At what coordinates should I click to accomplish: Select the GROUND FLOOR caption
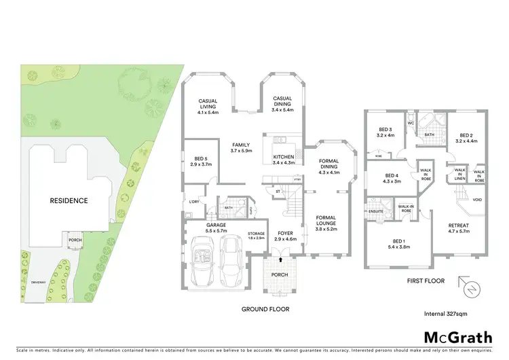coord(265,309)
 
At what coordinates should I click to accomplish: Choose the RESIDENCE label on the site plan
coord(69,200)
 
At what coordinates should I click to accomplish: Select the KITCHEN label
coord(283,159)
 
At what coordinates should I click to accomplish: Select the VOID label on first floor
coord(477,200)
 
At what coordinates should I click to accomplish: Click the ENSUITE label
coord(376,211)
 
